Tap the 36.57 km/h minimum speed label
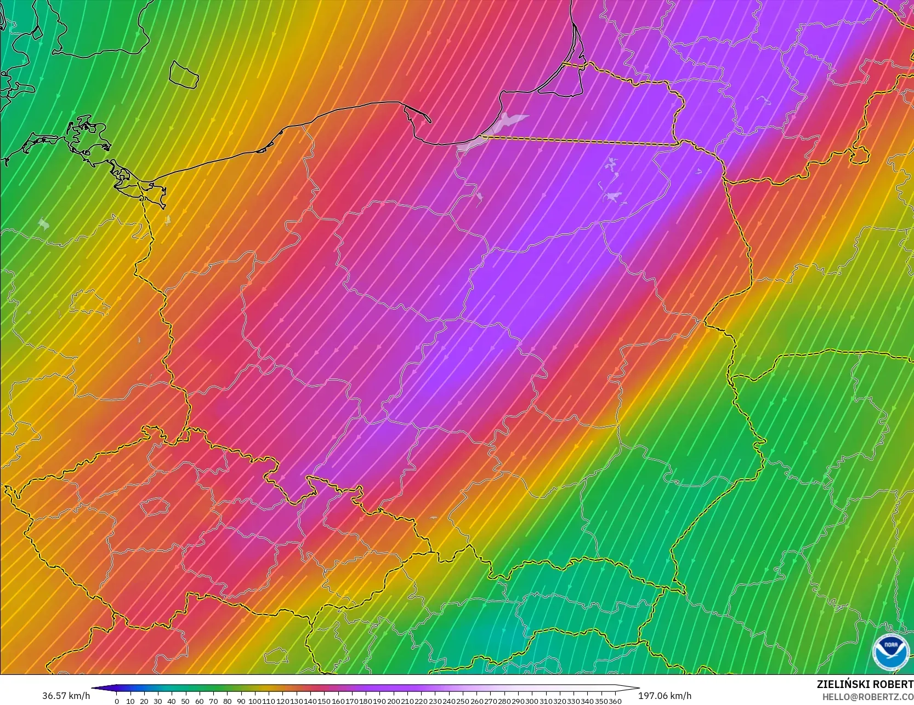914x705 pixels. click(66, 696)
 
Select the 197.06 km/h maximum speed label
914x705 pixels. click(665, 696)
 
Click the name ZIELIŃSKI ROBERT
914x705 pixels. click(865, 684)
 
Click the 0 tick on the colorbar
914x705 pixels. click(117, 701)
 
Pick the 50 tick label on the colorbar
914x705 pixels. click(185, 701)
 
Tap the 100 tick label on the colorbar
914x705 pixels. click(254, 701)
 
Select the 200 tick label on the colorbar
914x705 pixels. click(393, 701)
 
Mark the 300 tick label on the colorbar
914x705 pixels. click(532, 701)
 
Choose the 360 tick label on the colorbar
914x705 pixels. click(615, 701)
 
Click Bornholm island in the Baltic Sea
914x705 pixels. click(183, 73)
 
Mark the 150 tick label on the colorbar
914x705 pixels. click(324, 701)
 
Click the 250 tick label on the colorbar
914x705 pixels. click(463, 701)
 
